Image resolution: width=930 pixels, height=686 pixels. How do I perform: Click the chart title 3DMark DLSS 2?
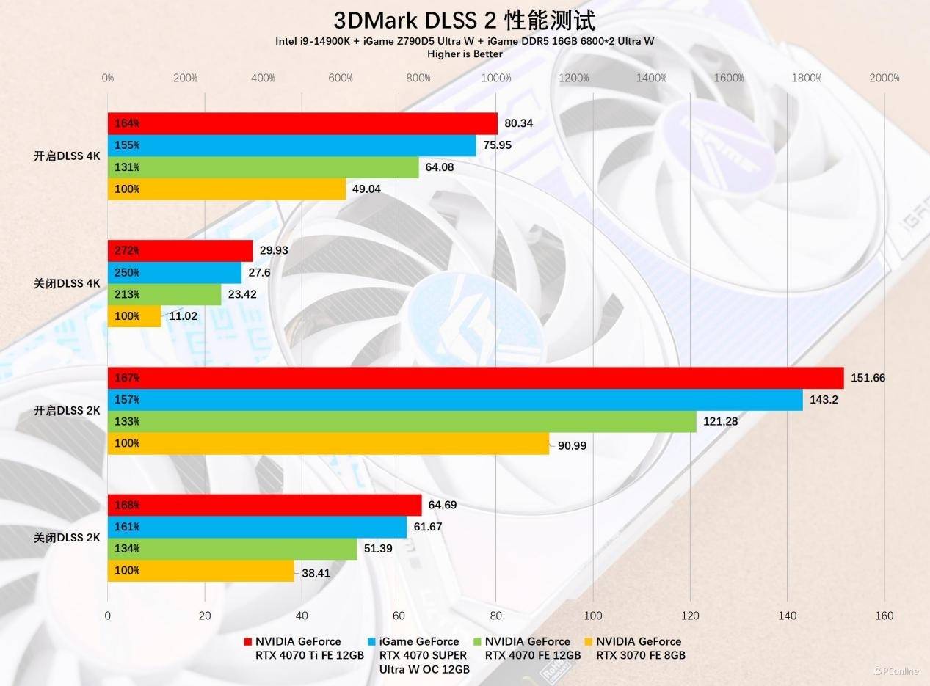464,20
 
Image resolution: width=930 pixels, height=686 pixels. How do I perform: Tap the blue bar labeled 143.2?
455,400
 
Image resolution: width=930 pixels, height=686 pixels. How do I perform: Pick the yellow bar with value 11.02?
134,316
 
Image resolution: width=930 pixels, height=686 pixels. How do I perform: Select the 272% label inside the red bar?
127,250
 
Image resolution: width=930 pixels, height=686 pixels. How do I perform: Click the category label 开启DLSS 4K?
67,156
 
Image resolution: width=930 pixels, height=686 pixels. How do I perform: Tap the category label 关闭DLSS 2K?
67,538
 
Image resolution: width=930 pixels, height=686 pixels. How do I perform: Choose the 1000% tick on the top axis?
496,78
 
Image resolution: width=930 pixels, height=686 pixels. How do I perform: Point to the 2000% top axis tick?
884,78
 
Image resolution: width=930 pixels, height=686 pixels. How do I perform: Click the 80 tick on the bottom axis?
496,616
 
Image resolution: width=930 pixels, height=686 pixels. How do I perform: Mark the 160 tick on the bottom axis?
884,616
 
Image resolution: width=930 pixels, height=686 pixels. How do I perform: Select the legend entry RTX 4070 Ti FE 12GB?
308,649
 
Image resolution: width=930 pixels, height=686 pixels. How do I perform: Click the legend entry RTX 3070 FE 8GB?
639,649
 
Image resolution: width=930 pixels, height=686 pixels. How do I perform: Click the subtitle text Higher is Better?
465,54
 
